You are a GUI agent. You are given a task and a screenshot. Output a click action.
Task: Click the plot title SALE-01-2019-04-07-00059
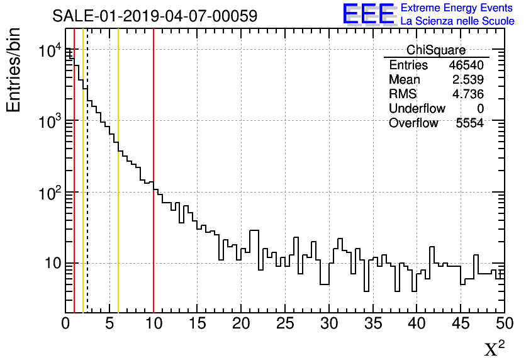pyautogui.click(x=155, y=16)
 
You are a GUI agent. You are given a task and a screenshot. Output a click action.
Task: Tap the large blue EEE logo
pyautogui.click(x=368, y=14)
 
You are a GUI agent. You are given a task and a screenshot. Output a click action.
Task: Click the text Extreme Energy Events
pyautogui.click(x=457, y=8)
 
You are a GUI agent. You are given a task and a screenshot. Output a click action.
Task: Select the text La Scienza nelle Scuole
pyautogui.click(x=457, y=21)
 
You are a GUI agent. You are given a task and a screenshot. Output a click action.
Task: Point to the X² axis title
pyautogui.click(x=494, y=349)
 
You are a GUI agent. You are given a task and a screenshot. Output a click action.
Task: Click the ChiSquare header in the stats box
pyautogui.click(x=436, y=50)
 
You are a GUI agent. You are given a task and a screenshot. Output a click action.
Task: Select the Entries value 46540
pyautogui.click(x=466, y=65)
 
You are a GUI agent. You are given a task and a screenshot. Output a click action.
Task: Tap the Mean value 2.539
pyautogui.click(x=468, y=80)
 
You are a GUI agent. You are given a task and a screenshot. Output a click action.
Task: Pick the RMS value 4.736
pyautogui.click(x=468, y=94)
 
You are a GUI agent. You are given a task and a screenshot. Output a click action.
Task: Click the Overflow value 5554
pyautogui.click(x=469, y=123)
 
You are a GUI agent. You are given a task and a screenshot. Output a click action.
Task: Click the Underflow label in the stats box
pyautogui.click(x=417, y=109)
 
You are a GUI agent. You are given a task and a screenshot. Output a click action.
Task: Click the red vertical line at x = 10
pyautogui.click(x=154, y=189)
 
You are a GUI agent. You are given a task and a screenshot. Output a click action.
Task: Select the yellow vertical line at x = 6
pyautogui.click(x=118, y=189)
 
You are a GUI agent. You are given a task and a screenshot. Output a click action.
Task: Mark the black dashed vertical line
pyautogui.click(x=87, y=189)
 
